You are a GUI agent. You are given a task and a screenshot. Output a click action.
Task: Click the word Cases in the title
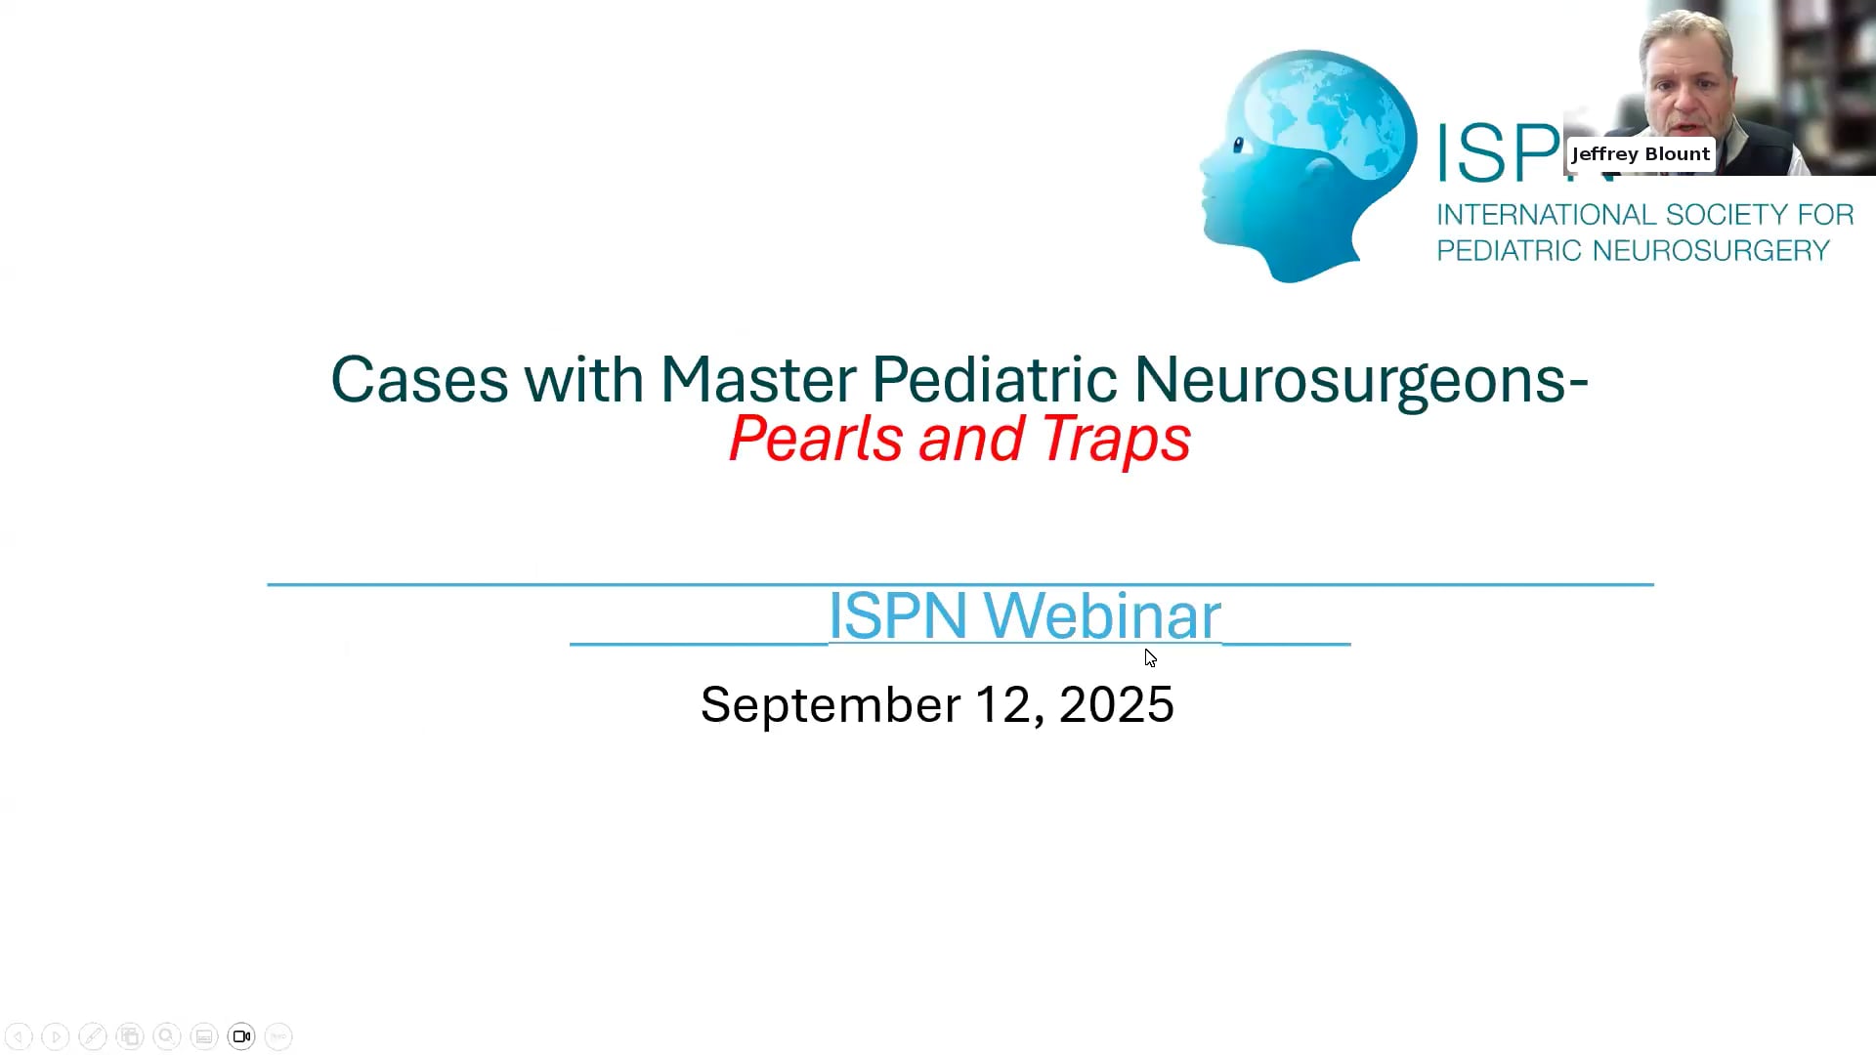pos(418,380)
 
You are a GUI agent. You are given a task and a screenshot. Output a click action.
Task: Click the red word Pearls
pos(815,439)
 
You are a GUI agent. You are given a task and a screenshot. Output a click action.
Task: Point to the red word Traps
pos(1116,439)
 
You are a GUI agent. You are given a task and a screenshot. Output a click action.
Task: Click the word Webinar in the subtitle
pos(1101,615)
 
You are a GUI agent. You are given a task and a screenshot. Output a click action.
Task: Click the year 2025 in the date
pos(1116,704)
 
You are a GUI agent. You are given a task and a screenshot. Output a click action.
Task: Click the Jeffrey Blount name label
pos(1641,154)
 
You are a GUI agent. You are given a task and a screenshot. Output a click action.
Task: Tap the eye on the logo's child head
pos(1238,147)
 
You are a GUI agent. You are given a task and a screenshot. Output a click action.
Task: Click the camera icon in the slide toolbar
pos(241,1036)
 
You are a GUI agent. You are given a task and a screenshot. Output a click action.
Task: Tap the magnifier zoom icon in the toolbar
pos(167,1036)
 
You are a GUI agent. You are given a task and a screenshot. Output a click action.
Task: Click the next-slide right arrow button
pos(56,1036)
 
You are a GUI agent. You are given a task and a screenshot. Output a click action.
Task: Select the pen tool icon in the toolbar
pos(93,1036)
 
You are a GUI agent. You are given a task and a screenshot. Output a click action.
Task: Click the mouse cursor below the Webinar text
pos(1150,657)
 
